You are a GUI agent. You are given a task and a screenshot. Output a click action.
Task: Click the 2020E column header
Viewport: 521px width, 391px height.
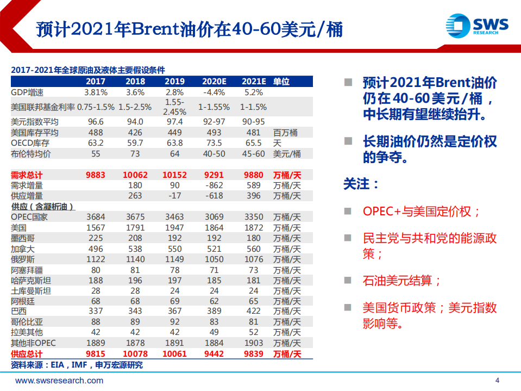[x=214, y=82]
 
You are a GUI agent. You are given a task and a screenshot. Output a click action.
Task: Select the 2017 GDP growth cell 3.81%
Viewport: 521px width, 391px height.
[x=96, y=92]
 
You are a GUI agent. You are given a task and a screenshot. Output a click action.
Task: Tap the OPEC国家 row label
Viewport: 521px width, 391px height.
[x=29, y=217]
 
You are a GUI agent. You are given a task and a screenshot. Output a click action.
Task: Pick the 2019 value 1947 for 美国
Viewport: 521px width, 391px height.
[x=174, y=228]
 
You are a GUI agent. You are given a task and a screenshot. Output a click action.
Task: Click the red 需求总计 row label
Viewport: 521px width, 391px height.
[x=27, y=175]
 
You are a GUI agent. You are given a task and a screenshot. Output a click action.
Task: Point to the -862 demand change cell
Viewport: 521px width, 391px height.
[x=214, y=185]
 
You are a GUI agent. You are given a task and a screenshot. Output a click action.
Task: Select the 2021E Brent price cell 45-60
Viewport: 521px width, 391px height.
[x=253, y=154]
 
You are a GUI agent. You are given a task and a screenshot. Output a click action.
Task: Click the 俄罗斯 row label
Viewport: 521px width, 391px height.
[x=22, y=259]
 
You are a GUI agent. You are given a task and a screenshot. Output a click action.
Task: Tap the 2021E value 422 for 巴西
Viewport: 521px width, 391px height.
[x=253, y=312]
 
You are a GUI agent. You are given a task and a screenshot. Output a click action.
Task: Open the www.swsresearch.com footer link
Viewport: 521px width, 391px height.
[x=59, y=381]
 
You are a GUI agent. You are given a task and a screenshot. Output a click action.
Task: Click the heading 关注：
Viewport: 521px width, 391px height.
[x=361, y=184]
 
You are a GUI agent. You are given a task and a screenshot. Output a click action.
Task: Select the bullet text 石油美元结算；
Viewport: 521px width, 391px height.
[x=402, y=280]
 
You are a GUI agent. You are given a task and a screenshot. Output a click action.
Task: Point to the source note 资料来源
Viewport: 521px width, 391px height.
[x=77, y=365]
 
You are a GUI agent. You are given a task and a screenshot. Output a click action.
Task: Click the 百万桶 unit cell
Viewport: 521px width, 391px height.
[x=286, y=133]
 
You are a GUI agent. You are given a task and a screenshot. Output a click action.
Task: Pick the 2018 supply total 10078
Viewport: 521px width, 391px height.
[x=135, y=354]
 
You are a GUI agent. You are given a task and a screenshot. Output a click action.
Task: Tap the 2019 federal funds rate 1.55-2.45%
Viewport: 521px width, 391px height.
[x=174, y=107]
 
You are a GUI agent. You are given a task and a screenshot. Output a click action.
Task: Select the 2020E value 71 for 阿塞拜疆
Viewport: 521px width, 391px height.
[x=214, y=270]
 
